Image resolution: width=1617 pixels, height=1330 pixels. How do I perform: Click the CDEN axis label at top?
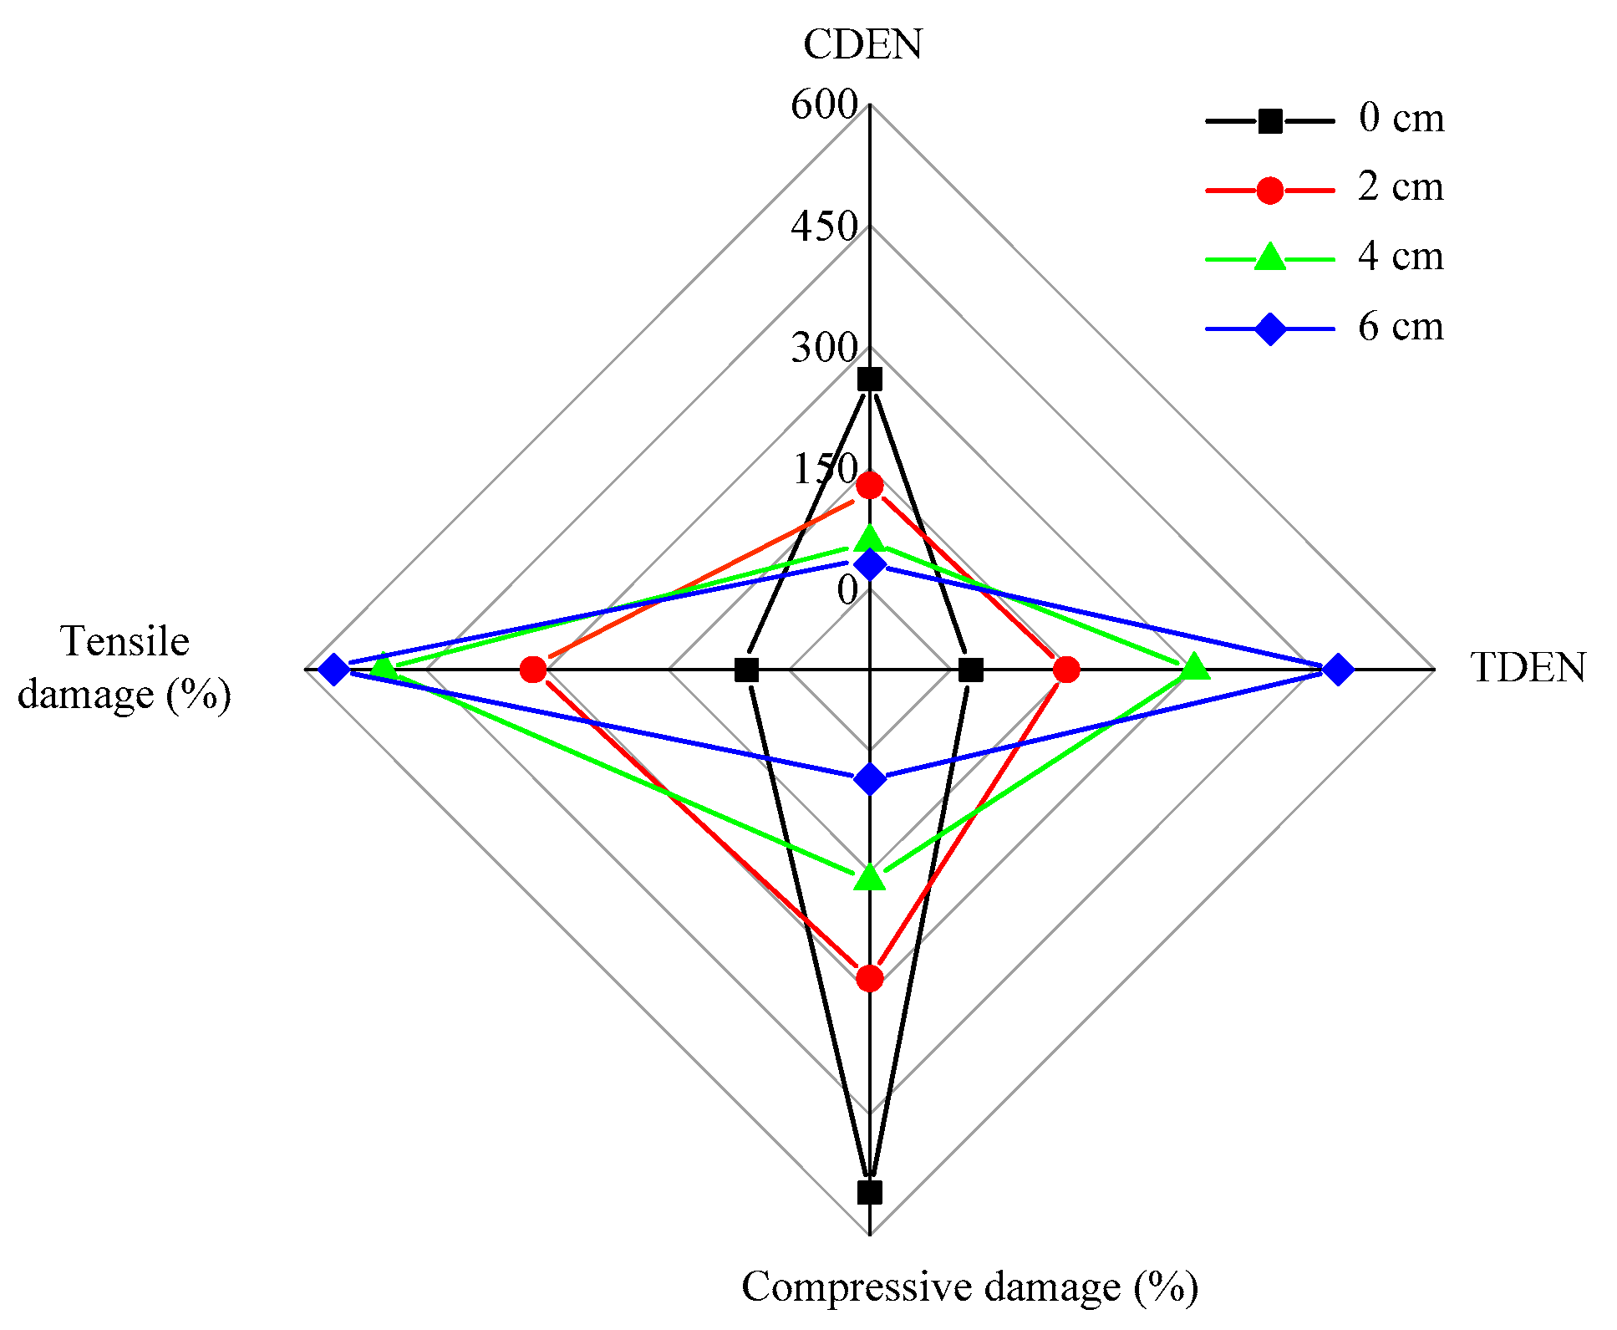tap(862, 44)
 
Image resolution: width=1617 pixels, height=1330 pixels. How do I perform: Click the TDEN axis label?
tap(1528, 669)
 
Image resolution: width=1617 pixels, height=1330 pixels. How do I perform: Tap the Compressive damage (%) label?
tap(969, 1287)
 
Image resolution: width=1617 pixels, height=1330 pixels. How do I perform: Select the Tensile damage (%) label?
tap(125, 668)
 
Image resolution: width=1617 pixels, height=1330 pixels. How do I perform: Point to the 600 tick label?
tap(824, 105)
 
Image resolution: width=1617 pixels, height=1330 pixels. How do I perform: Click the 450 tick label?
tap(824, 227)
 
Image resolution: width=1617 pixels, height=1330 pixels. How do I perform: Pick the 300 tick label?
tap(824, 348)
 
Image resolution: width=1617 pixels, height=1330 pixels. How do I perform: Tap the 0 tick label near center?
tap(847, 590)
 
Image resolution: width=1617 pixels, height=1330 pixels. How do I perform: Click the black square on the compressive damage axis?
tap(870, 1192)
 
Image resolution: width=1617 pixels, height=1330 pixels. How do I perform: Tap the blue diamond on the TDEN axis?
tap(1338, 670)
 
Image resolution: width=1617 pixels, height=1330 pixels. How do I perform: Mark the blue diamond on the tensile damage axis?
tap(334, 670)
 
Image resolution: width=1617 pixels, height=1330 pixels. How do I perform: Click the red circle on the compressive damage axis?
tap(870, 977)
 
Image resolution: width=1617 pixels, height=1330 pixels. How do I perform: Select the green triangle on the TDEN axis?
tap(1195, 668)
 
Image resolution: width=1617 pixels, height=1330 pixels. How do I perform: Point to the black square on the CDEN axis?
tap(870, 380)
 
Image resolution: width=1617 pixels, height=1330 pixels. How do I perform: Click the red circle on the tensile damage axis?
tap(533, 670)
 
